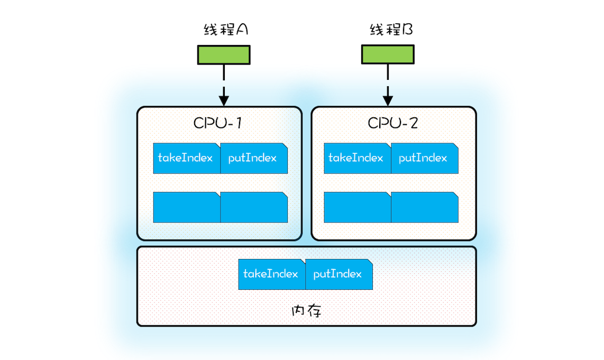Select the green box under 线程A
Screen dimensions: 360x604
coord(224,54)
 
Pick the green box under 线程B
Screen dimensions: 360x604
coord(388,54)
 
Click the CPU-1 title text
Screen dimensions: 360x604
coord(217,123)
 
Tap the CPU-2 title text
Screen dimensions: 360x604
coord(393,123)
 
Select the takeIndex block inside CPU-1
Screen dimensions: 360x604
coord(186,158)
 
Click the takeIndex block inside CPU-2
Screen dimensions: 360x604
coord(357,158)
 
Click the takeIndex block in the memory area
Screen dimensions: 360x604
coord(272,274)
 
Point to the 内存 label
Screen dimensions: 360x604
coord(307,310)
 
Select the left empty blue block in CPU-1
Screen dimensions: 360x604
coord(186,207)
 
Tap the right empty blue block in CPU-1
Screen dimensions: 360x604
coord(254,207)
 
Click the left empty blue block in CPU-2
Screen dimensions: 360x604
coord(357,207)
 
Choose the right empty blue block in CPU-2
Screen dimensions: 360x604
coord(425,207)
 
